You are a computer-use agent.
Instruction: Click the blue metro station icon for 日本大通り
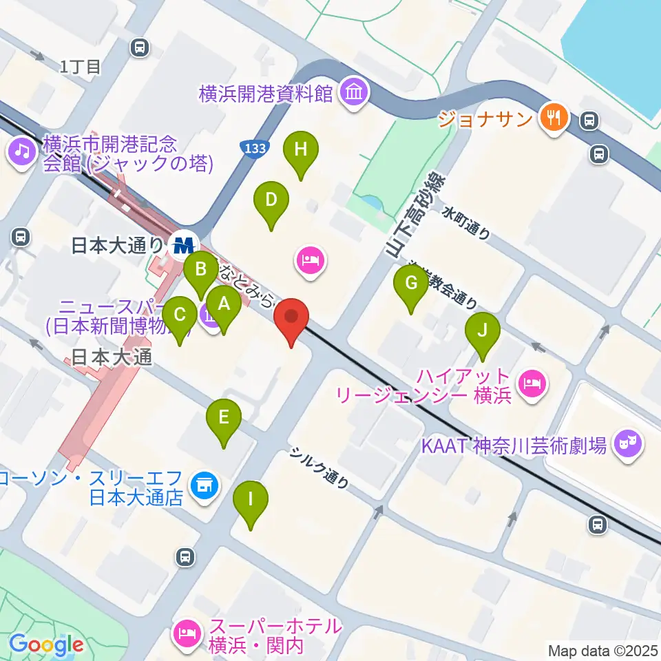tap(184, 244)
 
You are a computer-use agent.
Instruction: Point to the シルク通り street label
tap(318, 467)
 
